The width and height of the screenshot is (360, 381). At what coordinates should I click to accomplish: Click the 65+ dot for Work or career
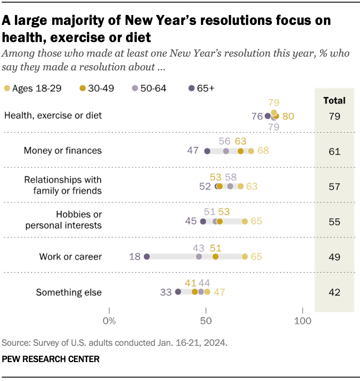pyautogui.click(x=147, y=257)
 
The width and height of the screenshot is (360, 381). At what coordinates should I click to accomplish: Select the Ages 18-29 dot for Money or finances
pyautogui.click(x=251, y=151)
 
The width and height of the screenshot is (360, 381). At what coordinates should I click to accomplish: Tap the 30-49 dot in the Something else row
pyautogui.click(x=195, y=292)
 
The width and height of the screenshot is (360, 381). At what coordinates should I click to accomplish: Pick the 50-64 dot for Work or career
pyautogui.click(x=199, y=257)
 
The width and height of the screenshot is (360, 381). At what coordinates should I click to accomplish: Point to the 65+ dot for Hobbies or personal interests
pyautogui.click(x=203, y=221)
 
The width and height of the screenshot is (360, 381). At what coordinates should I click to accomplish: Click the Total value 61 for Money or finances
pyautogui.click(x=334, y=151)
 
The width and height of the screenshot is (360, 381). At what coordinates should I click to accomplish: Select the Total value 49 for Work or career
pyautogui.click(x=334, y=257)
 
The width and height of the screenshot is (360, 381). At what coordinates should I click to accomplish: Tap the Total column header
pyautogui.click(x=334, y=100)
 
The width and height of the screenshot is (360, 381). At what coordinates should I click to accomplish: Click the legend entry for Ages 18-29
pyautogui.click(x=33, y=88)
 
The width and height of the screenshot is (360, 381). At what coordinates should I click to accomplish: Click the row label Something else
pyautogui.click(x=69, y=293)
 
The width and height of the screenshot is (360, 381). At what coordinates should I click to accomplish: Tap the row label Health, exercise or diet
pyautogui.click(x=53, y=115)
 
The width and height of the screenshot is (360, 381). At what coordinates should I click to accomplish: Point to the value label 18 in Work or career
pyautogui.click(x=135, y=257)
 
